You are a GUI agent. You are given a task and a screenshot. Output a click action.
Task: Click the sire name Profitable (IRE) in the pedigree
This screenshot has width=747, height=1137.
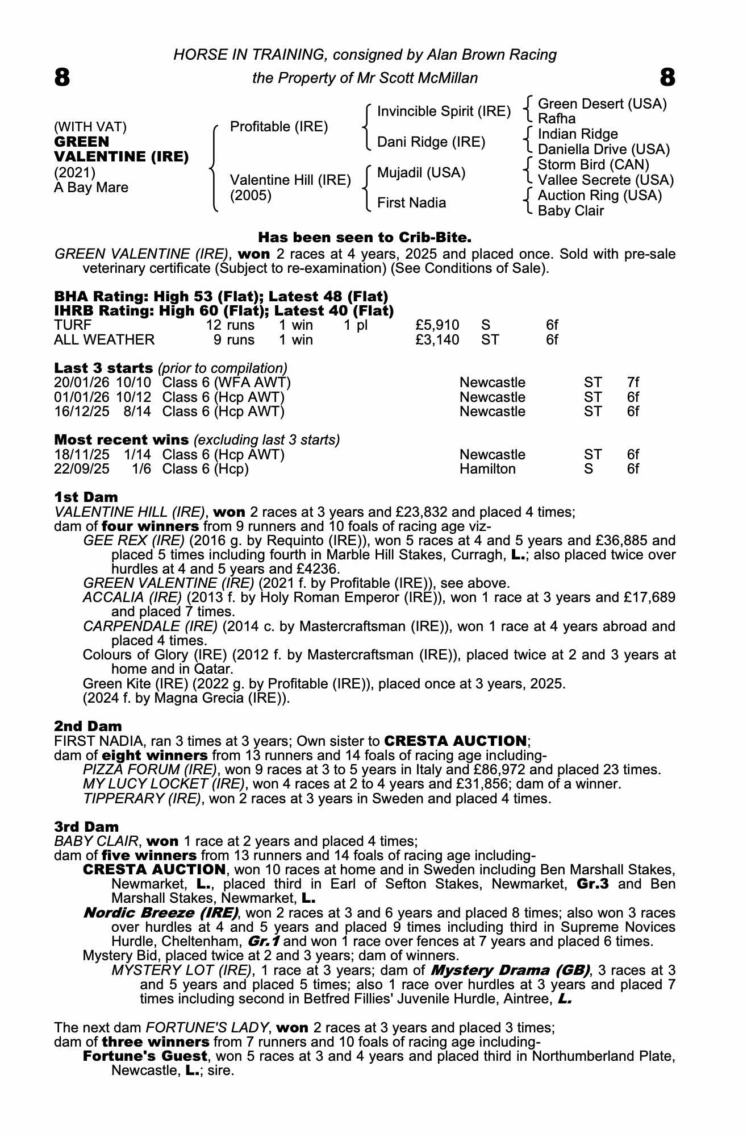point(279,126)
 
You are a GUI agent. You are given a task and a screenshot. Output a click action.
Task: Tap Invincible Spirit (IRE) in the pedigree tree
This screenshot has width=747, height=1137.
point(444,111)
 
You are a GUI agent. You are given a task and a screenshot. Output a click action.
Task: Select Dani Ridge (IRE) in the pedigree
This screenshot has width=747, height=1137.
point(431,142)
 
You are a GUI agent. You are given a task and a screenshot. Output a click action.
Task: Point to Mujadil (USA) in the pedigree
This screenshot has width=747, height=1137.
point(421,172)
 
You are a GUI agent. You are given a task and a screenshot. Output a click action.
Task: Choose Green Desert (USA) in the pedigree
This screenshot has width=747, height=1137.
point(602,104)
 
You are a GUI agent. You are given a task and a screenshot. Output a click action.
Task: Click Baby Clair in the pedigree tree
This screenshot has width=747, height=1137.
point(570,211)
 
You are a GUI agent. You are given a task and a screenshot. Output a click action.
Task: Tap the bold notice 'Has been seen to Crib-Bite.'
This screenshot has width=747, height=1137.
point(365,236)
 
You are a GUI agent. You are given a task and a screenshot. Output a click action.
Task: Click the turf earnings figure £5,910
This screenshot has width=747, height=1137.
point(437,325)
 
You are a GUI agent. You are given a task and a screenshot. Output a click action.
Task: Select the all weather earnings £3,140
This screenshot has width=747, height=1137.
point(437,340)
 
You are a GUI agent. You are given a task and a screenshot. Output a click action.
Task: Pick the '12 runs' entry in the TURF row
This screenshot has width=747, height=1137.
point(230,325)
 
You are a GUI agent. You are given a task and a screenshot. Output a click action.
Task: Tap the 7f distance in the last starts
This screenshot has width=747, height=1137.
point(632,383)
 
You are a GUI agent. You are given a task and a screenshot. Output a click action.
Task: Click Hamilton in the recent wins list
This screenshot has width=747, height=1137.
point(487,469)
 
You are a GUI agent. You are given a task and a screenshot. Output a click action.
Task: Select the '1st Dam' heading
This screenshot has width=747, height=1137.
point(86,497)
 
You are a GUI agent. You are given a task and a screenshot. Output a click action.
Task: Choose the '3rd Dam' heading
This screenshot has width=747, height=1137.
point(86,827)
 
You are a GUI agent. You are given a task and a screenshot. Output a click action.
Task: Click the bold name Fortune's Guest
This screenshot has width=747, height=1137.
point(145,1056)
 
